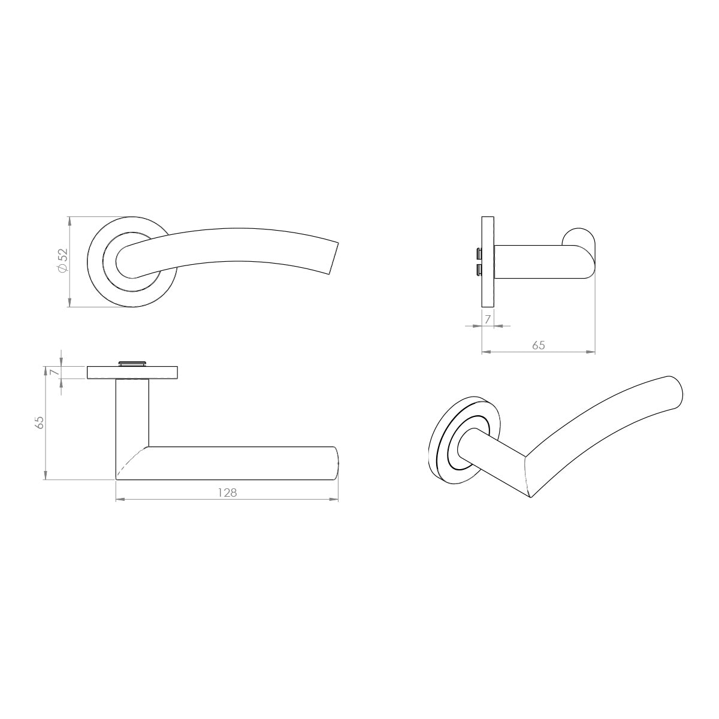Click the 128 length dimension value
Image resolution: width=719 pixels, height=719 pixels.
pos(227,493)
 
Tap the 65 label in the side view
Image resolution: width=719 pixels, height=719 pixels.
pos(539,345)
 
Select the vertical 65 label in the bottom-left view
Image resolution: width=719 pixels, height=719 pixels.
pos(40,422)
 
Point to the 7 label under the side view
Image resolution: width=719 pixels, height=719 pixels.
pos(487,319)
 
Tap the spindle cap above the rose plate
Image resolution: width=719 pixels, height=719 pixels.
pos(132,362)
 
